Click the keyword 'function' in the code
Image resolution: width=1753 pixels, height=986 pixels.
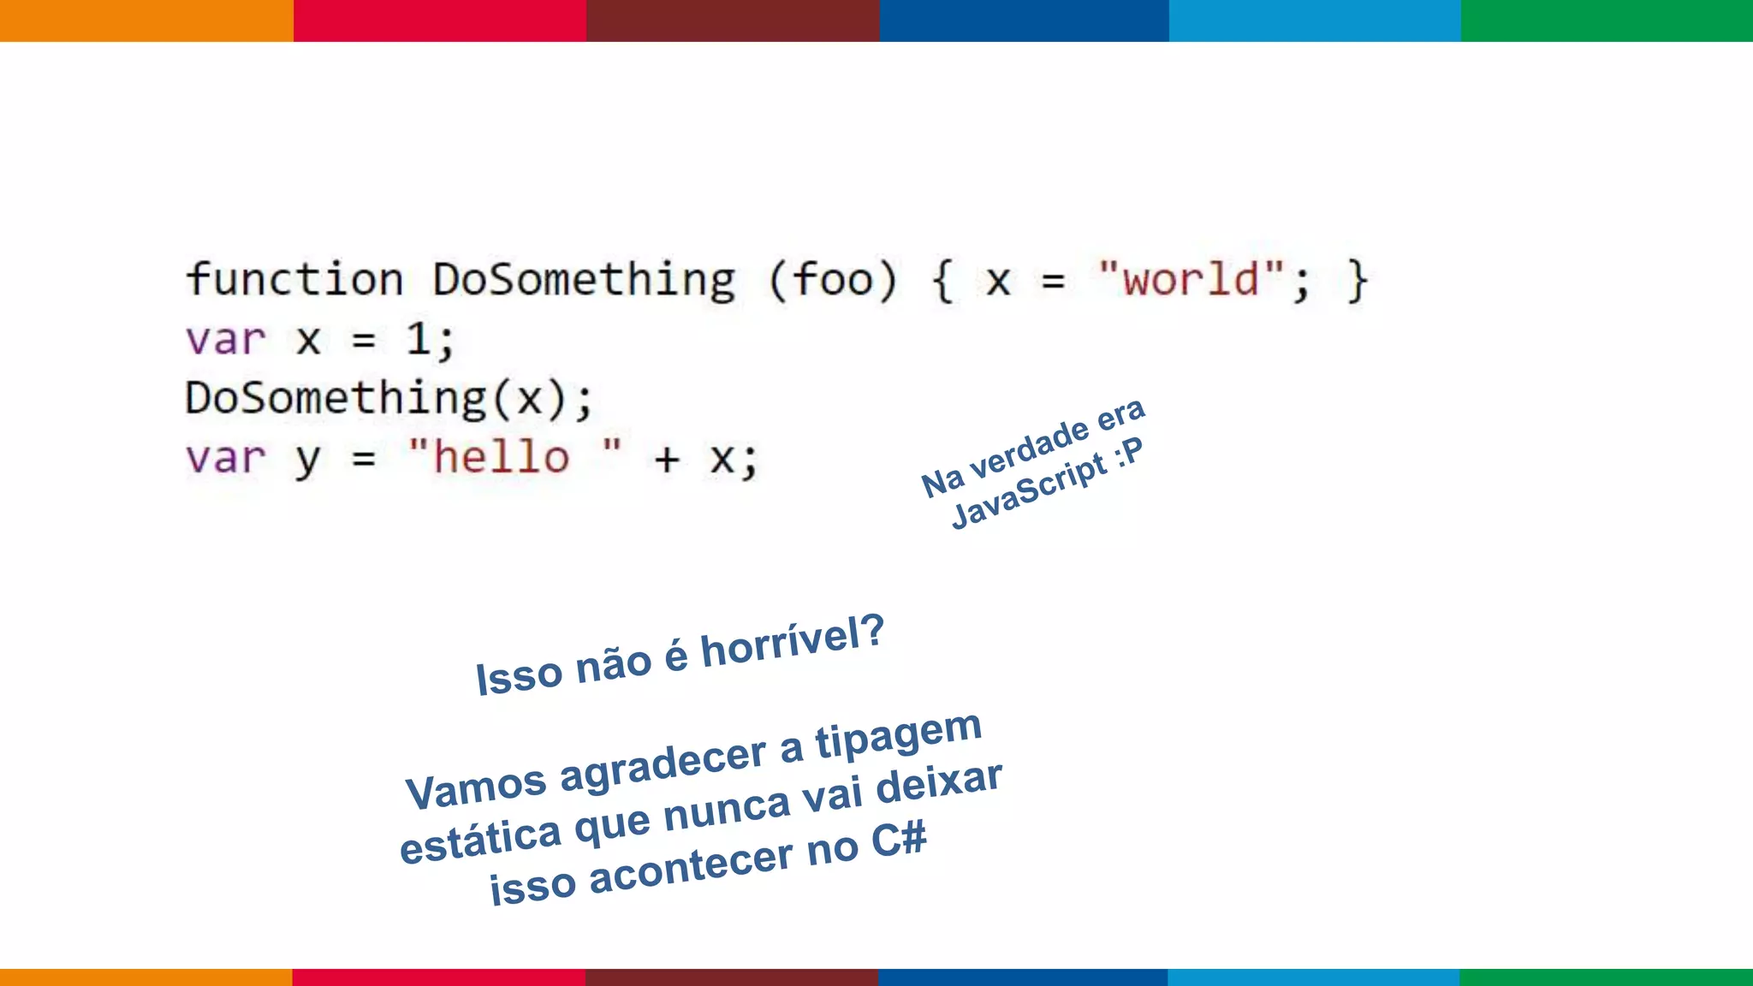(x=294, y=280)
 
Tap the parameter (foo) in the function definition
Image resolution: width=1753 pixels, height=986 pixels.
(x=833, y=280)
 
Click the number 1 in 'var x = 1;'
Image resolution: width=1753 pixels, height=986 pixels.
(x=418, y=339)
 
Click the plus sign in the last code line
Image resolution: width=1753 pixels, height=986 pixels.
(x=667, y=460)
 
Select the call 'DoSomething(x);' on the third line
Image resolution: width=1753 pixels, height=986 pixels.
(x=389, y=399)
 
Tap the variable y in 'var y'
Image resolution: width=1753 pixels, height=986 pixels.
(x=307, y=460)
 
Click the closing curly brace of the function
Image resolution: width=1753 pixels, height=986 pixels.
(x=1357, y=281)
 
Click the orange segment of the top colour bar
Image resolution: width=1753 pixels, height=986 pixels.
(x=146, y=21)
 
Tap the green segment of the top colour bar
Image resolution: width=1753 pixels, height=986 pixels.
(x=1607, y=21)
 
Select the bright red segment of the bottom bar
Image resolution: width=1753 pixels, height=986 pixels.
(x=439, y=977)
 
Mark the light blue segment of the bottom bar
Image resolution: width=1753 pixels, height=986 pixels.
(x=1314, y=977)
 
